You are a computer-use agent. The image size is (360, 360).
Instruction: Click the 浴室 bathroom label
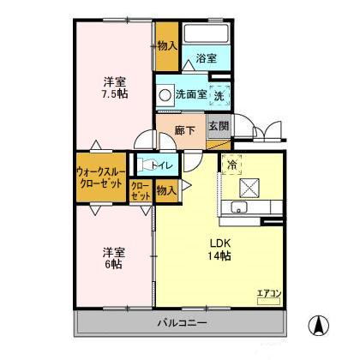tap(205, 58)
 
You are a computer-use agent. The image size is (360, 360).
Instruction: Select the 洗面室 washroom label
tap(191, 93)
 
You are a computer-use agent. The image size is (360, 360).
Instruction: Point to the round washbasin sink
tap(164, 93)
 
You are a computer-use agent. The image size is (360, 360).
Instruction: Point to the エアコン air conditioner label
tap(269, 294)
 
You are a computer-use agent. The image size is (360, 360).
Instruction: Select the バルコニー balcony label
tap(181, 323)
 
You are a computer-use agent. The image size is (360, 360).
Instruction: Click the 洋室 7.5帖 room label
tap(115, 87)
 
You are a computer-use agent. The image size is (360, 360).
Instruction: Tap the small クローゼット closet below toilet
tap(141, 190)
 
